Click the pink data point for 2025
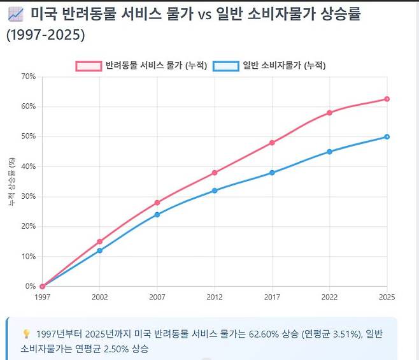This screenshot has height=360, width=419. click(x=387, y=99)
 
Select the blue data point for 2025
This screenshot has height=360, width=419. click(x=387, y=136)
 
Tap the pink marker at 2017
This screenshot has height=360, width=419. click(x=272, y=143)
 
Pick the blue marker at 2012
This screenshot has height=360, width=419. click(x=215, y=191)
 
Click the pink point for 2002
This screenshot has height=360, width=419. click(x=100, y=241)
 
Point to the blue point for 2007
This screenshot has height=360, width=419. click(x=157, y=215)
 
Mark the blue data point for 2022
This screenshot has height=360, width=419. click(x=329, y=152)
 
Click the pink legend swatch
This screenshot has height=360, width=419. click(x=89, y=66)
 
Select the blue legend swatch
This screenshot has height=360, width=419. click(x=226, y=66)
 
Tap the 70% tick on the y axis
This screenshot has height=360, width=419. click(x=28, y=76)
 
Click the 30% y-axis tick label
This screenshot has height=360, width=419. click(x=28, y=196)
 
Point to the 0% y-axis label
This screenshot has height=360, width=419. click(x=31, y=286)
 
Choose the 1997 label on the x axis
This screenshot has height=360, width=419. click(x=43, y=297)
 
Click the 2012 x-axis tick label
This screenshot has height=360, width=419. click(x=215, y=297)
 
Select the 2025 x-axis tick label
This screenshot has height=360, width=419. click(x=387, y=297)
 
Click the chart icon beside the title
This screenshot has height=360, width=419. click(x=16, y=14)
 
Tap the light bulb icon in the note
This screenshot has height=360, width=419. click(x=26, y=334)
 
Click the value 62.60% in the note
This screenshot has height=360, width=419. click(x=264, y=334)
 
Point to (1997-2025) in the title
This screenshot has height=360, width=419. click(x=45, y=35)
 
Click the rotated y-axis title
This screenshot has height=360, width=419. click(x=11, y=182)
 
